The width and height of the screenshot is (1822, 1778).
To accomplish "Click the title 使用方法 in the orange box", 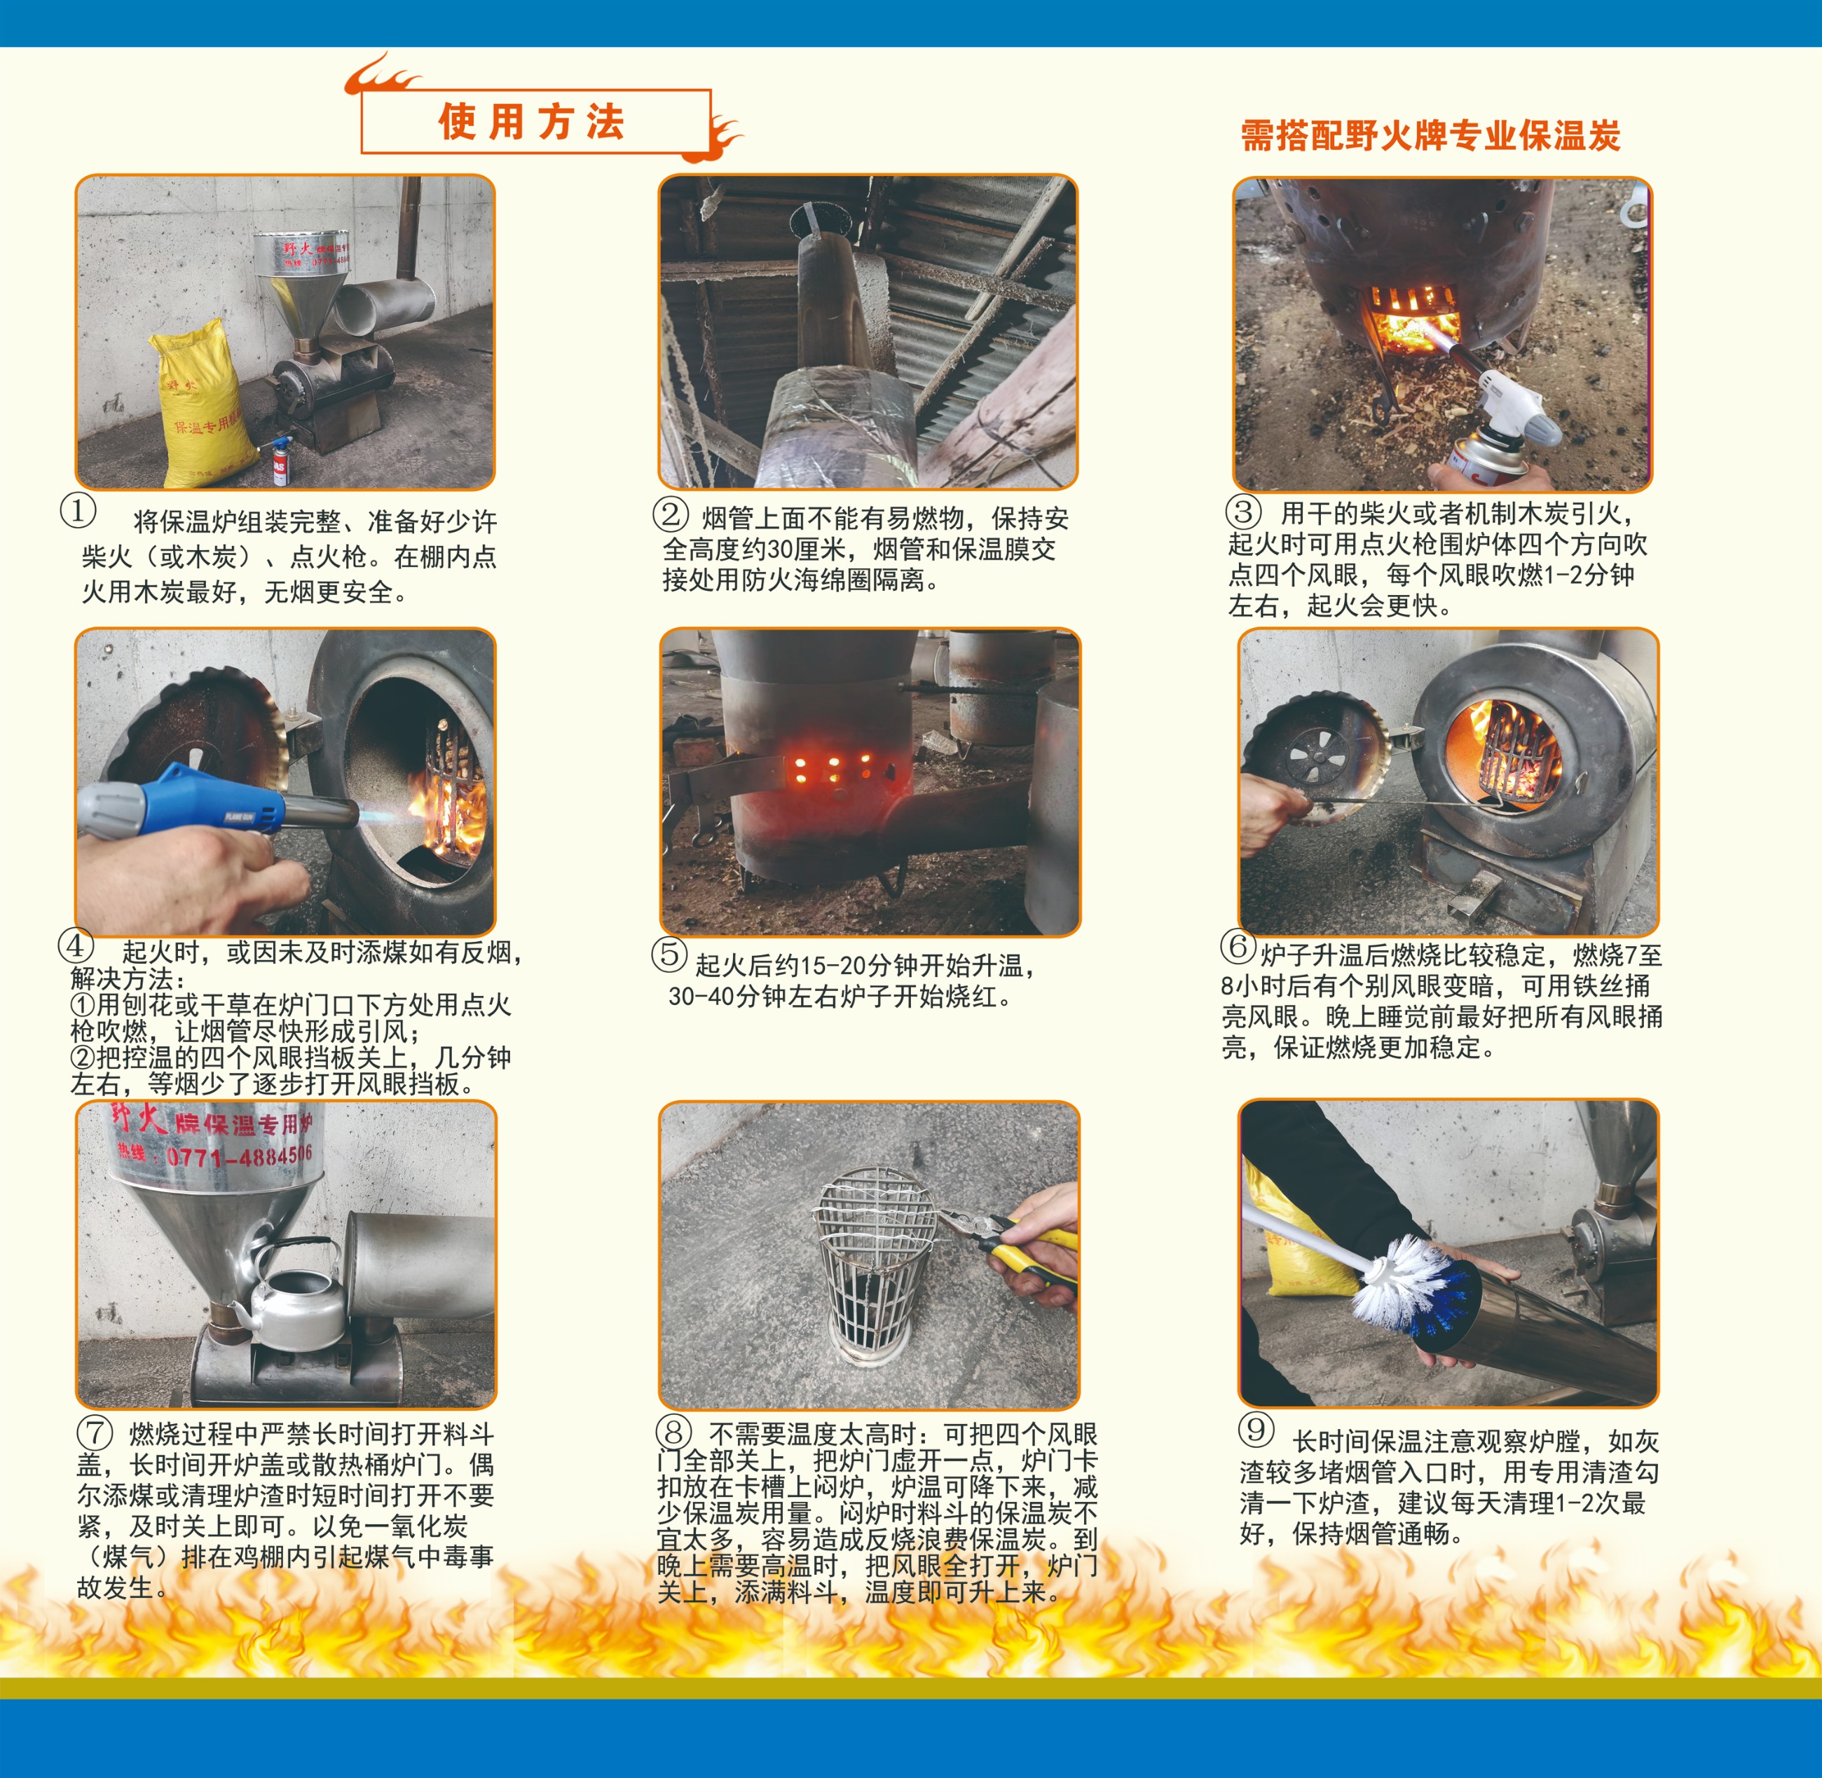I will click(531, 123).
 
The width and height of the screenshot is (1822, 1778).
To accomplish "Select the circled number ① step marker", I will click(78, 510).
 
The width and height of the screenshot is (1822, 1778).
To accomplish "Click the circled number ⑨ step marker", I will click(1256, 1429).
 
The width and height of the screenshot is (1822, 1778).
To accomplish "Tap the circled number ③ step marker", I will click(1243, 512).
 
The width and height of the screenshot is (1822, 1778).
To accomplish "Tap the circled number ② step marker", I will click(670, 514).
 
